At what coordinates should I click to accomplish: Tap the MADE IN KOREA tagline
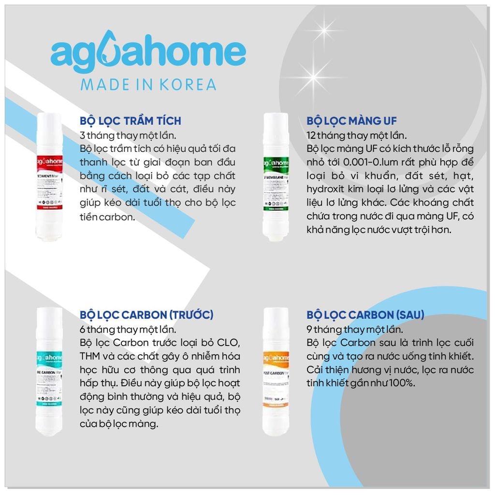pyautogui.click(x=148, y=84)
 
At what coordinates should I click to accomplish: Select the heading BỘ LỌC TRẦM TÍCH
pyautogui.click(x=131, y=120)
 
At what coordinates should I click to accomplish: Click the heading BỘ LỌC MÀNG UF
pyautogui.click(x=351, y=120)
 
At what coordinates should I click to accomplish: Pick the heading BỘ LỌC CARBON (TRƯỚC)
pyautogui.click(x=146, y=315)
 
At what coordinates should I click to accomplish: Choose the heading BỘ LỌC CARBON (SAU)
pyautogui.click(x=365, y=315)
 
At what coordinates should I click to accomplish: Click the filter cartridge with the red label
pyautogui.click(x=49, y=176)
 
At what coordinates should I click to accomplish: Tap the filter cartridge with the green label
pyautogui.click(x=276, y=176)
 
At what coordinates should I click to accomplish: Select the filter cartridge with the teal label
pyautogui.click(x=49, y=371)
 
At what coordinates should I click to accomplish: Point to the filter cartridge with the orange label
pyautogui.click(x=276, y=371)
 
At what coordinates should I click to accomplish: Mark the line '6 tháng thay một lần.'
pyautogui.click(x=128, y=330)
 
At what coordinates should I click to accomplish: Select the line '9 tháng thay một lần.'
pyautogui.click(x=355, y=330)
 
